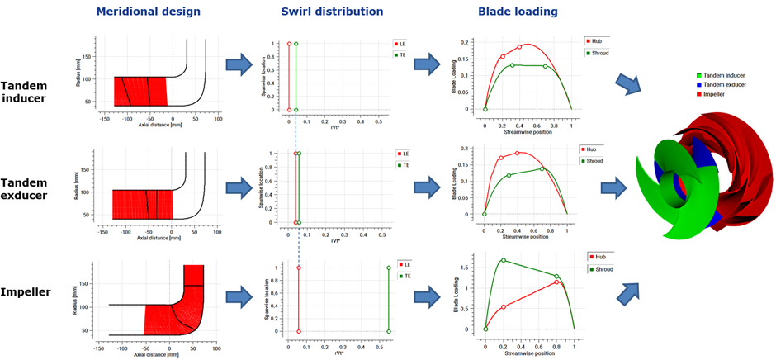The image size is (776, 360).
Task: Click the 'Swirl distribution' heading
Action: tap(331, 12)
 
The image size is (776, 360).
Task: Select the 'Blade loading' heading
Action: tap(518, 12)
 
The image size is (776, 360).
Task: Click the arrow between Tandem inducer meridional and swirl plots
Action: tap(239, 64)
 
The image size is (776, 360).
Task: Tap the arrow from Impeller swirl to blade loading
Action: tap(427, 291)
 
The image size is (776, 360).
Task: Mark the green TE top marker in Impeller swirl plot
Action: tap(388, 268)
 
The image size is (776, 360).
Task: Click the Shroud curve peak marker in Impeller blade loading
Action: tap(504, 260)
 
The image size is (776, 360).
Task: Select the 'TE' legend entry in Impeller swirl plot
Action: tap(405, 277)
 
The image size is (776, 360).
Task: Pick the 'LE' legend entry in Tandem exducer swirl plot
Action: tap(405, 154)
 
